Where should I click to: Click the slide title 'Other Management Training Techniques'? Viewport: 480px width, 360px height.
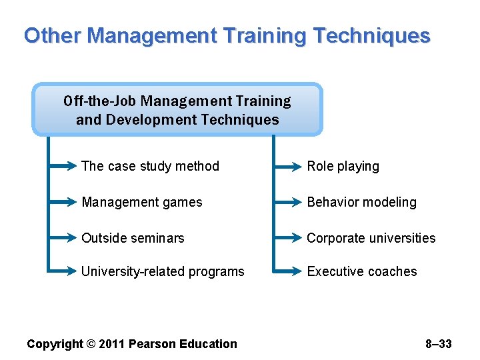(x=227, y=35)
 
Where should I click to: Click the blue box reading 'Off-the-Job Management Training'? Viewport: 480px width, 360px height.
(x=177, y=110)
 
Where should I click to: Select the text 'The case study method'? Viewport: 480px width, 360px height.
(x=150, y=167)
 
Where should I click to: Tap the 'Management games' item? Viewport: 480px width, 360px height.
(x=141, y=202)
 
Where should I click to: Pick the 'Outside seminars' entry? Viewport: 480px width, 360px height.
(x=133, y=238)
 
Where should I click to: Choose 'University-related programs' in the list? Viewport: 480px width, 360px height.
(x=163, y=271)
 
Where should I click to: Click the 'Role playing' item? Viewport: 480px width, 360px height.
(x=343, y=167)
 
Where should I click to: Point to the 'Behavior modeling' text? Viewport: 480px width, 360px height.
(x=361, y=202)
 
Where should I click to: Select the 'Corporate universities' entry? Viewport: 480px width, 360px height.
(x=371, y=238)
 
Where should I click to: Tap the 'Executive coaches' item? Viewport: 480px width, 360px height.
(x=361, y=271)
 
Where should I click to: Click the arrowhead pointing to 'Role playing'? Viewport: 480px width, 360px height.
(x=297, y=167)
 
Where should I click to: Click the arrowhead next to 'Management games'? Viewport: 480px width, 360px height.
(x=72, y=202)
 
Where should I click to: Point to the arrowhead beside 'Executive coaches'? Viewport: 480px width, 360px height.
(x=297, y=271)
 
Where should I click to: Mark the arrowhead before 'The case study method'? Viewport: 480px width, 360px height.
(x=72, y=167)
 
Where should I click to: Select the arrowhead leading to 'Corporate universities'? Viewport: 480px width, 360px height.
(x=297, y=238)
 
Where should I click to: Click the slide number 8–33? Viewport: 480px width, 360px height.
(x=438, y=344)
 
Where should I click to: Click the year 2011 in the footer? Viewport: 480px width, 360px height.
(x=112, y=344)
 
